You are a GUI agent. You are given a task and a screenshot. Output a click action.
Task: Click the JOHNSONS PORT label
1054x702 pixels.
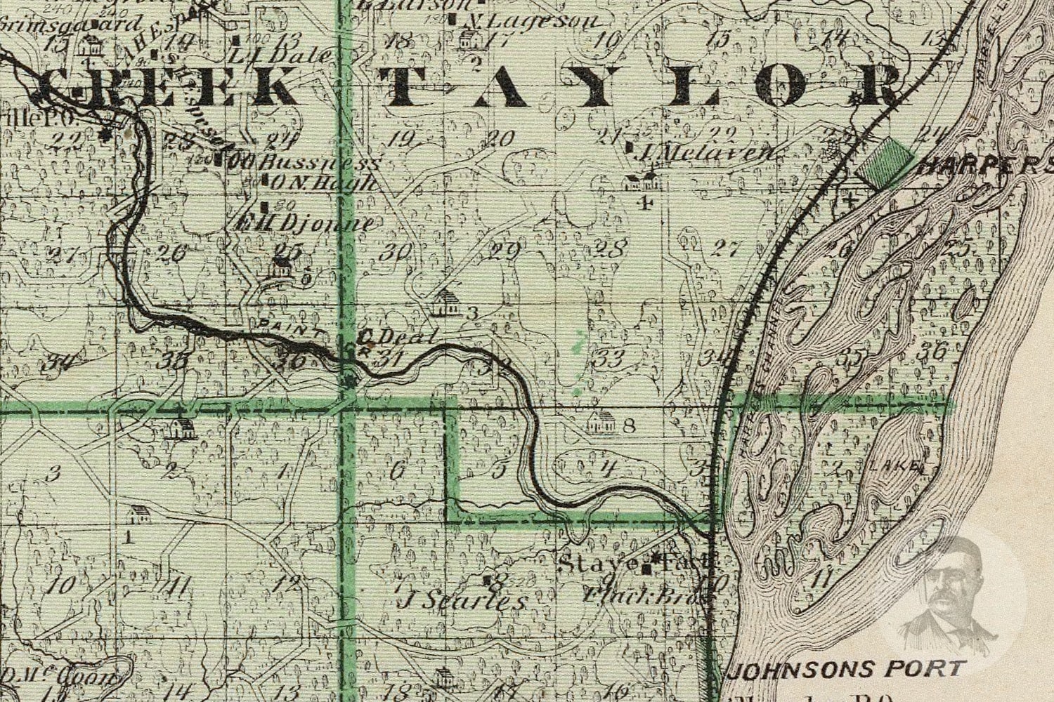pyautogui.click(x=846, y=668)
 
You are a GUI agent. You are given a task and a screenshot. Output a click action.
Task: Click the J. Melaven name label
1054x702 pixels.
pyautogui.click(x=705, y=152)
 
